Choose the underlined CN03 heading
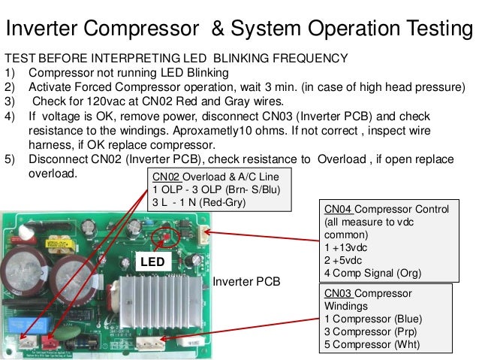coord(339,294)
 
